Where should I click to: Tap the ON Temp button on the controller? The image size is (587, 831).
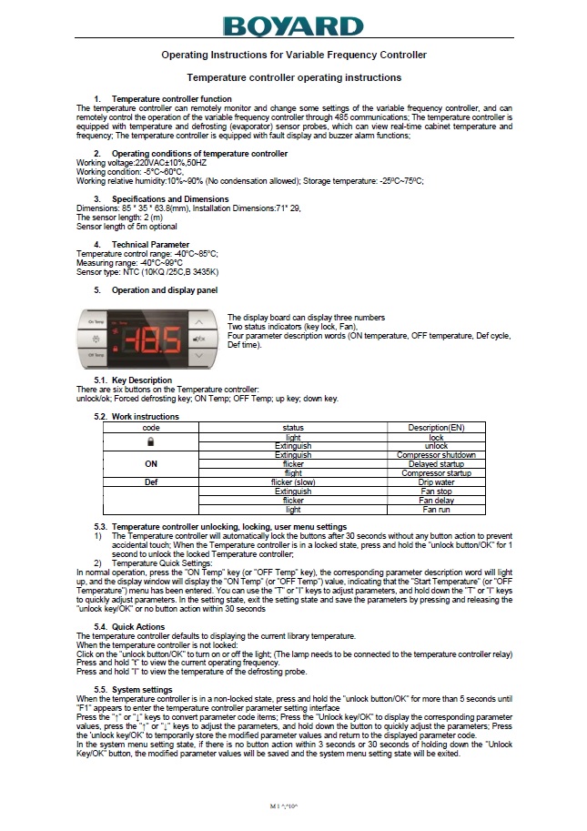96,322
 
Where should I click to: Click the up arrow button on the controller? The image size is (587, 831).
198,322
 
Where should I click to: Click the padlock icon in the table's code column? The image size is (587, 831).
151,441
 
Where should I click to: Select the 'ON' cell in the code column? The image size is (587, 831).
151,463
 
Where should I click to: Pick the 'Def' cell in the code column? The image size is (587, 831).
151,482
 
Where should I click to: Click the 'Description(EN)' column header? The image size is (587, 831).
435,427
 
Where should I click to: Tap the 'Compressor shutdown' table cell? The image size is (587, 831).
435,454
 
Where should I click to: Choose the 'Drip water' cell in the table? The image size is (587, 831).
435,482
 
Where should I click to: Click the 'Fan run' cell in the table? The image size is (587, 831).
435,510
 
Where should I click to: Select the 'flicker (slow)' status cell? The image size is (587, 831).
293,482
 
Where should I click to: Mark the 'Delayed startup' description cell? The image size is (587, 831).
435,463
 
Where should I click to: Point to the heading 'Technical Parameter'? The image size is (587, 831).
150,245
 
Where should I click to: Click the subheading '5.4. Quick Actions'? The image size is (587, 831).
129,626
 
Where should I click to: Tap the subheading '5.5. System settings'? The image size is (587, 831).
133,690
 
